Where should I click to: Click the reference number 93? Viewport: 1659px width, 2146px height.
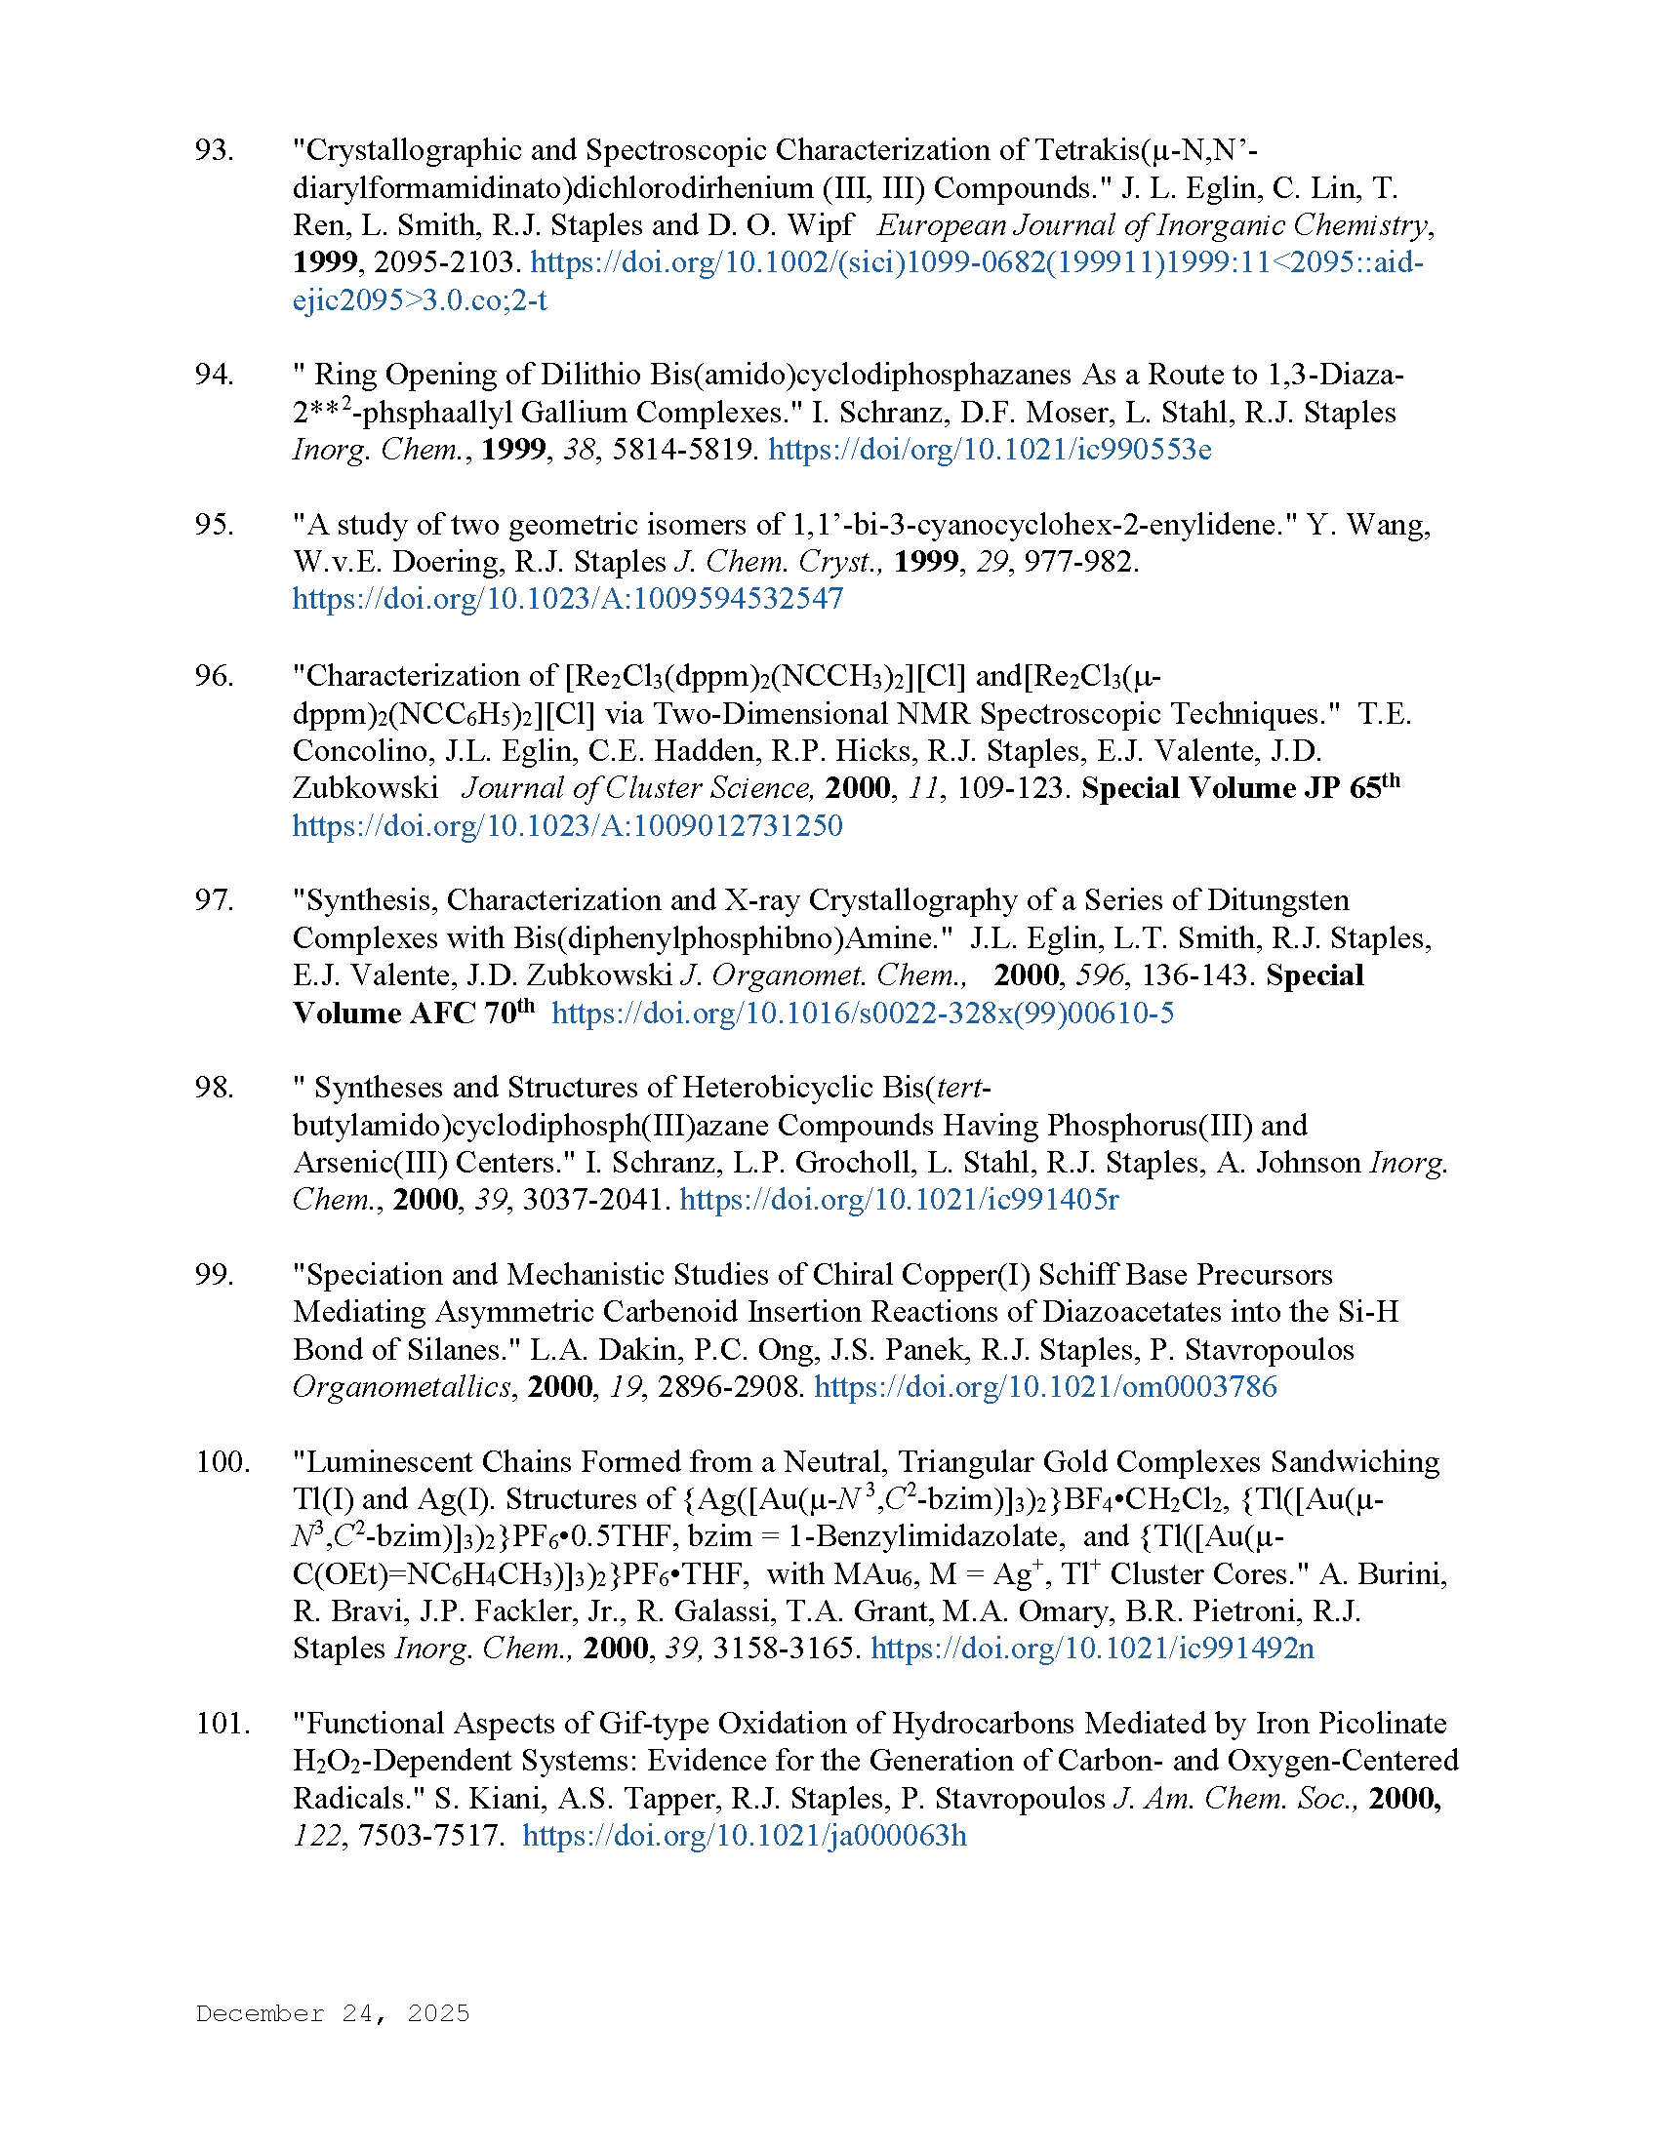point(215,150)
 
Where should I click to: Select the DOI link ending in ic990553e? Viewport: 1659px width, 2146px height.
point(989,450)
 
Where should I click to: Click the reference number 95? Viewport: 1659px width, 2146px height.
point(215,525)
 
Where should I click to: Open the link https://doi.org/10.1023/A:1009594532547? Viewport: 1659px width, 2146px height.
point(567,599)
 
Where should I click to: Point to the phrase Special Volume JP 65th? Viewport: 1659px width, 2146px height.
point(1239,788)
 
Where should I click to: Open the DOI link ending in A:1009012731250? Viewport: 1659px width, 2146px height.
point(567,825)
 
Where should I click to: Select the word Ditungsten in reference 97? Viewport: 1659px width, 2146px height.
point(1277,900)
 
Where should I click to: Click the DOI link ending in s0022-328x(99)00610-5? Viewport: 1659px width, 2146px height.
point(862,1013)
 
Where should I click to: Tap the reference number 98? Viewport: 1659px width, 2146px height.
point(215,1088)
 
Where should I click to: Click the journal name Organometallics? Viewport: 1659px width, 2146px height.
point(401,1387)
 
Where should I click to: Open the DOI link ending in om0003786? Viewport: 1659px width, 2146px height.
point(1045,1387)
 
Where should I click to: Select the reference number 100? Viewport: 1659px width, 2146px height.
point(223,1462)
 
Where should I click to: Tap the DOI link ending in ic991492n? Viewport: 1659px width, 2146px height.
point(1092,1649)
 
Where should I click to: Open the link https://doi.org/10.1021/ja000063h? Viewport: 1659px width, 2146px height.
point(744,1837)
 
